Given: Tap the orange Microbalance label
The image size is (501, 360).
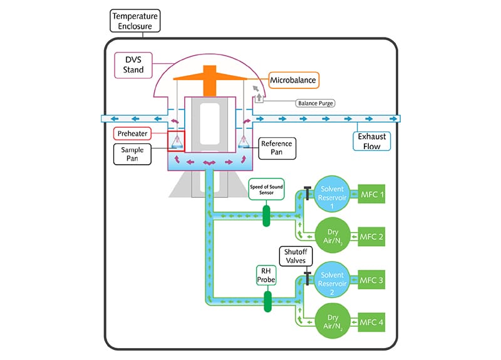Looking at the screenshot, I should click(x=292, y=80).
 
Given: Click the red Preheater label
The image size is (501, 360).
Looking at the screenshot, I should click(x=135, y=133).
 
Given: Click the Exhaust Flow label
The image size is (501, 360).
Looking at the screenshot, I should click(x=371, y=140).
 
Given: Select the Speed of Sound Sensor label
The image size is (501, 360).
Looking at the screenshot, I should click(x=266, y=190).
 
